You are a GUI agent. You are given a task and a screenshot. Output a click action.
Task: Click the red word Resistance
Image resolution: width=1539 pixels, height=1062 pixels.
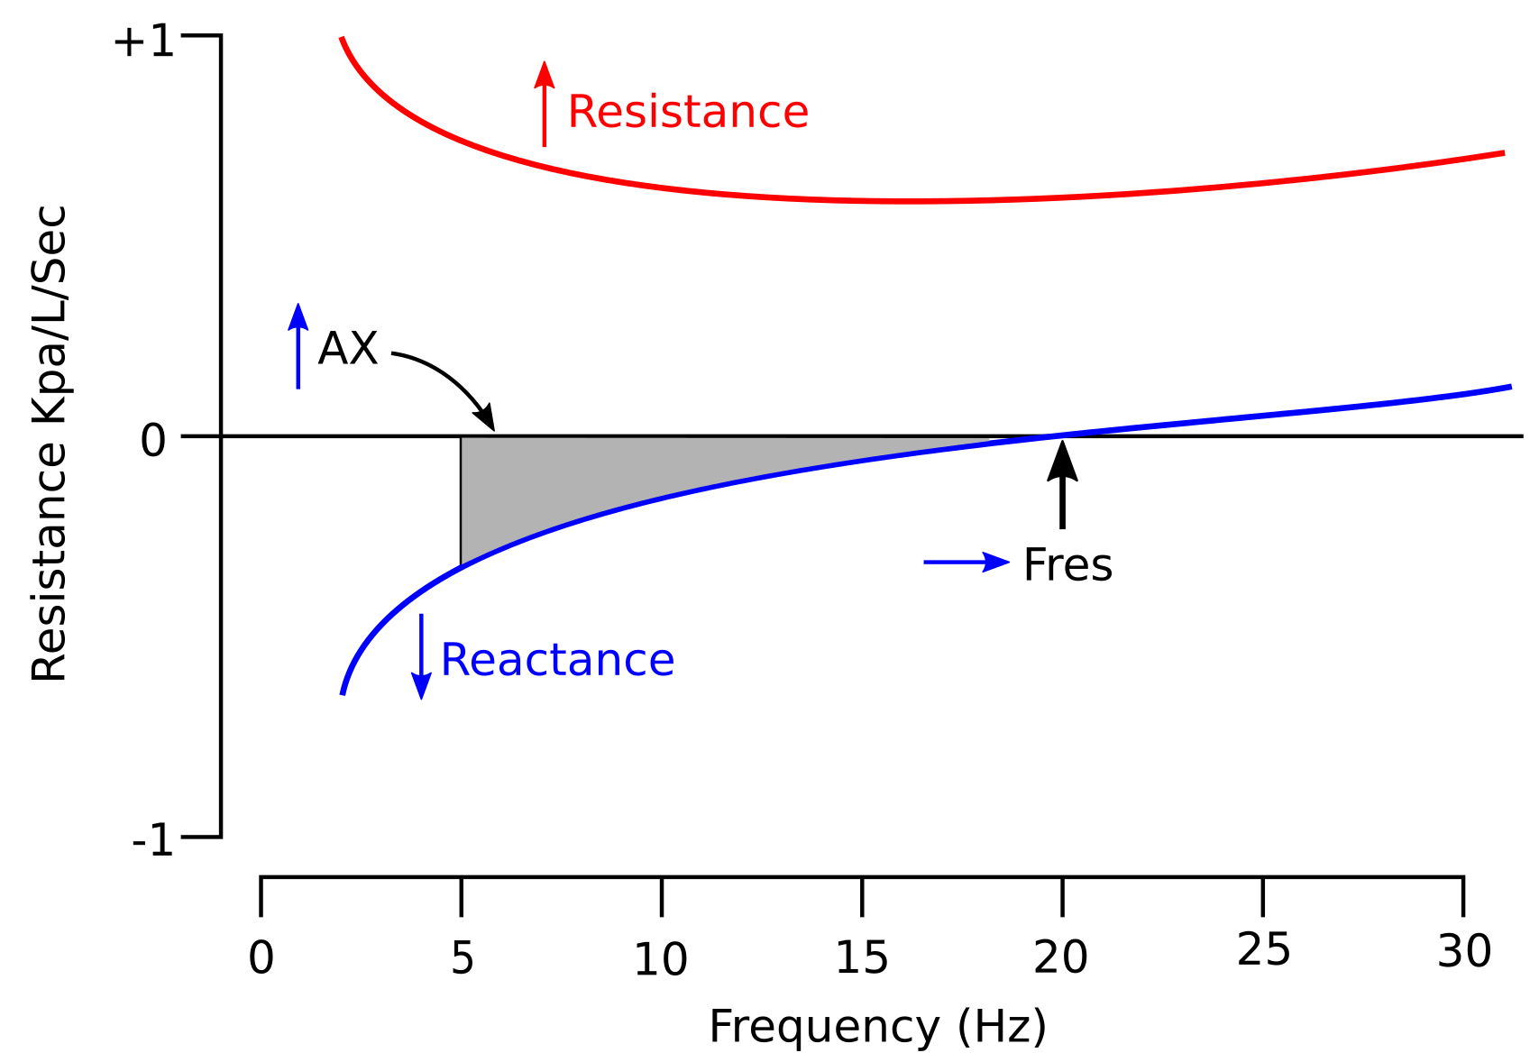687,113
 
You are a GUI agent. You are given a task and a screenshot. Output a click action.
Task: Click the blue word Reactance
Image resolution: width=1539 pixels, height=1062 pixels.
557,661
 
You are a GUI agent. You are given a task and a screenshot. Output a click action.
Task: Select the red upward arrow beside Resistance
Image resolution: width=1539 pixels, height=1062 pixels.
544,104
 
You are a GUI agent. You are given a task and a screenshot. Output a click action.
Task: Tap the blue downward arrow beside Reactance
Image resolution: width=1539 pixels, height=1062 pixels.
421,656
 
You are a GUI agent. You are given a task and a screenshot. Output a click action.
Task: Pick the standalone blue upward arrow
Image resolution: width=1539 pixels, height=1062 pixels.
298,346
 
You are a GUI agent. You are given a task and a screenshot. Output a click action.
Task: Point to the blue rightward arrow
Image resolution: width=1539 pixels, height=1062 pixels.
966,562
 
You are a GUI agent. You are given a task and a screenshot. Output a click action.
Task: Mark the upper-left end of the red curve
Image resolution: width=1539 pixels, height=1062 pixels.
342,39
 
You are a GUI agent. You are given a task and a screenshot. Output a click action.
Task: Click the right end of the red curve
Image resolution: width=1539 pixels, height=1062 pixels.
1503,153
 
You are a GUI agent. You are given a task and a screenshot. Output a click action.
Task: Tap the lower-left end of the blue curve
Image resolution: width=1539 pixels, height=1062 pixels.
343,693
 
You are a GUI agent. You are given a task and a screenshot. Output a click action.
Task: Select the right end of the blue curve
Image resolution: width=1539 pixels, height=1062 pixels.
1510,387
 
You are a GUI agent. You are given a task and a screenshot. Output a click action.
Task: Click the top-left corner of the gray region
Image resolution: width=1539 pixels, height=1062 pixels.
463,439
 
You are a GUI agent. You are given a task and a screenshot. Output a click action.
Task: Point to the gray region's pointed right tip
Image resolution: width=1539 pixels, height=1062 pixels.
987,440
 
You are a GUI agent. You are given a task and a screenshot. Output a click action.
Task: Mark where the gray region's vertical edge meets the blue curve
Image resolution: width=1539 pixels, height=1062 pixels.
463,565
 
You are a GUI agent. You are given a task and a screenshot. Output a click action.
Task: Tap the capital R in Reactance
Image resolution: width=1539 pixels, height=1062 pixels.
453,661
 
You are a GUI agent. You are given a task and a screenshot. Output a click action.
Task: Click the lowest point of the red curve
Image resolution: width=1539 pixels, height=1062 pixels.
911,201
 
